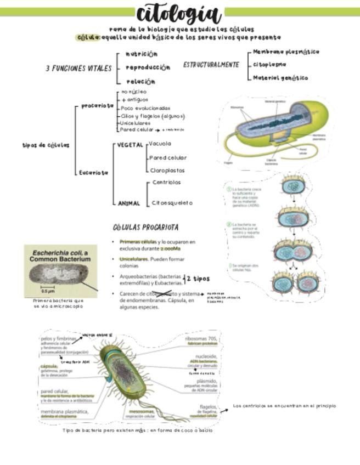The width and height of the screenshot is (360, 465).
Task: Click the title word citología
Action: (179, 14)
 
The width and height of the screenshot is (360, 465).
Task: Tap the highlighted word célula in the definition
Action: (88, 37)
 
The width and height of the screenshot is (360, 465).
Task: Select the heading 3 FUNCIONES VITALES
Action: (78, 69)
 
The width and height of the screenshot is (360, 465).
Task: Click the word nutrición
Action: (142, 54)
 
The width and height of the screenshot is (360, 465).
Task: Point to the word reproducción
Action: (148, 67)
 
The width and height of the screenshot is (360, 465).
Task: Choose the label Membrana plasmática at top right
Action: (286, 52)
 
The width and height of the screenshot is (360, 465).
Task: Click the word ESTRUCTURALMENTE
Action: (211, 65)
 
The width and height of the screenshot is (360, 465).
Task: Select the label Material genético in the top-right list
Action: (280, 78)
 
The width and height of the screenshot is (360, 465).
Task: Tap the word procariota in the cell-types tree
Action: (97, 105)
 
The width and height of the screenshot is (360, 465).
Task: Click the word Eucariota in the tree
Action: (94, 172)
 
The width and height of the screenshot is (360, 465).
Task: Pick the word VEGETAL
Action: (130, 145)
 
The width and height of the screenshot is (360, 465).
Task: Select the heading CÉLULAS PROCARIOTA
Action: (145, 227)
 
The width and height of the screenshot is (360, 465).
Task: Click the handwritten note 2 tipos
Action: (198, 279)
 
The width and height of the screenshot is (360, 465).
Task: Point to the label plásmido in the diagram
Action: (207, 381)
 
